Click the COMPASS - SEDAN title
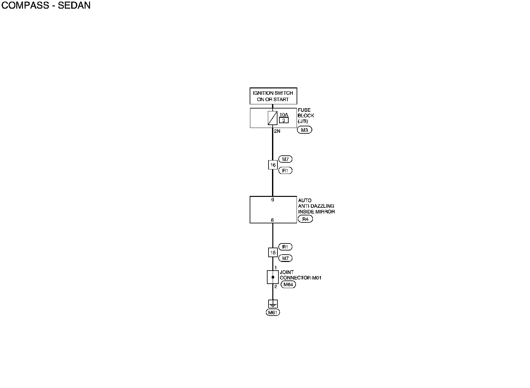tap(46, 5)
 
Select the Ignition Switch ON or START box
tap(273, 96)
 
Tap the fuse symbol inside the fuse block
tap(272, 118)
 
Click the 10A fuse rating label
tap(284, 115)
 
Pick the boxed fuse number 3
tap(284, 120)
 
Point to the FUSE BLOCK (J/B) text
tap(306, 116)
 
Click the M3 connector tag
tap(304, 130)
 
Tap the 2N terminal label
tap(277, 131)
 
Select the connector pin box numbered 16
tap(273, 165)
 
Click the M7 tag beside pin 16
tap(285, 159)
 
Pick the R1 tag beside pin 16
tap(285, 171)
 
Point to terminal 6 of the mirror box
tap(273, 200)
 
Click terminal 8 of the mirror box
tap(272, 220)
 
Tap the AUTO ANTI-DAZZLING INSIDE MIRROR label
tap(316, 206)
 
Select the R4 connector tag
tap(305, 219)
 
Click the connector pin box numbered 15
tap(273, 253)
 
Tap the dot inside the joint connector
tap(273, 277)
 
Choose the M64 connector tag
tap(288, 285)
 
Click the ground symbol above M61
tap(273, 304)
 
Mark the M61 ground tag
tap(273, 313)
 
